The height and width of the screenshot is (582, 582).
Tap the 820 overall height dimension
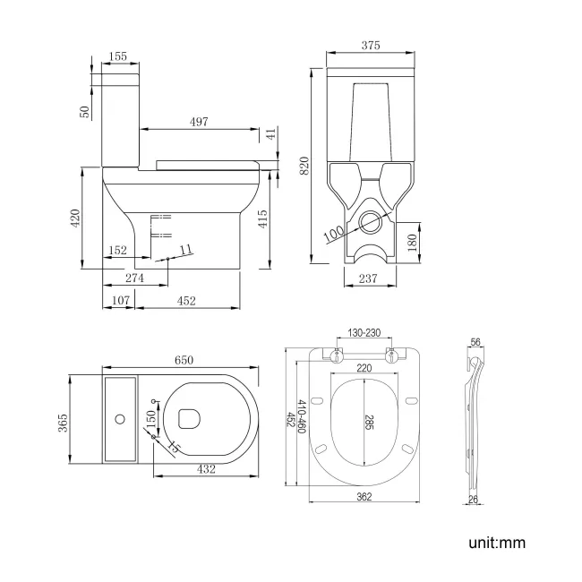click(304, 165)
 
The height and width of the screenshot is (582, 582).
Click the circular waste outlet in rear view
click(369, 218)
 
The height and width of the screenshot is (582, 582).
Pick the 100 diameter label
click(333, 233)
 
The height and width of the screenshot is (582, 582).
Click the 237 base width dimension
click(368, 278)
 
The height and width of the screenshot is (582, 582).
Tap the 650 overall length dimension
click(183, 360)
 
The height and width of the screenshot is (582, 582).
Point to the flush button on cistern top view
click(120, 418)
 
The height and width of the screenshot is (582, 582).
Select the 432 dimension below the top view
click(207, 468)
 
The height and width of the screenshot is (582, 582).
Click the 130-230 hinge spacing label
click(364, 333)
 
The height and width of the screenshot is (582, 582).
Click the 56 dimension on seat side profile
click(475, 343)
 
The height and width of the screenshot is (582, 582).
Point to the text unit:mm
click(495, 543)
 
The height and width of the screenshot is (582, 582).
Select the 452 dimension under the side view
click(185, 302)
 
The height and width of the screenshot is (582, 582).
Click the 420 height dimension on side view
click(76, 217)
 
